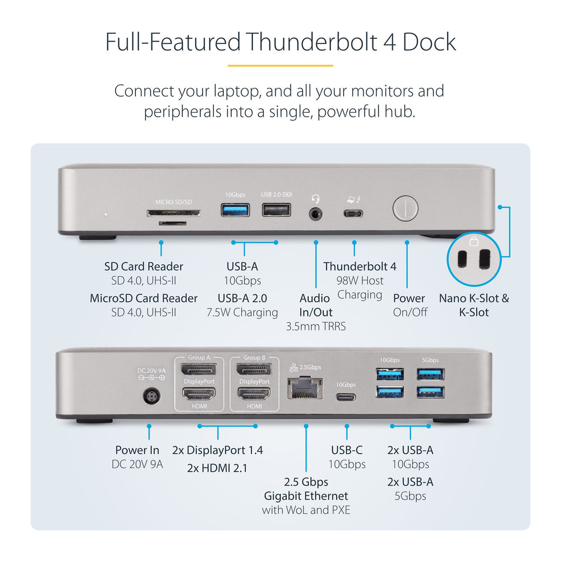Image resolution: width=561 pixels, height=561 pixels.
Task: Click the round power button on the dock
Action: [406, 208]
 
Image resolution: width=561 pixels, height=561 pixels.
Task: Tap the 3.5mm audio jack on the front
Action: [316, 213]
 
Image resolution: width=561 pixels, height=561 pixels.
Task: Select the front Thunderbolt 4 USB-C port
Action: [353, 213]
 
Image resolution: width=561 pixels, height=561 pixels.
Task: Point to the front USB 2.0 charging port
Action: [276, 210]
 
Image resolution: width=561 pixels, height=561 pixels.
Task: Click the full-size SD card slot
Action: [173, 213]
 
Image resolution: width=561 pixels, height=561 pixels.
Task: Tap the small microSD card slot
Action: [173, 223]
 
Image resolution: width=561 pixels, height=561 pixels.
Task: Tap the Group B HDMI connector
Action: [254, 394]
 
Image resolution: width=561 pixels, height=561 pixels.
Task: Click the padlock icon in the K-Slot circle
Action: [473, 242]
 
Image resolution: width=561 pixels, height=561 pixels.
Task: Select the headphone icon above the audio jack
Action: [316, 198]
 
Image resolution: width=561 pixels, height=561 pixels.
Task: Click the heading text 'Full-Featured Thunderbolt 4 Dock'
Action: [280, 43]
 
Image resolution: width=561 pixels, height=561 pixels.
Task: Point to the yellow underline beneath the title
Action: [280, 66]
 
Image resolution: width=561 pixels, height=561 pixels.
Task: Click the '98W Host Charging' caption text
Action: [360, 287]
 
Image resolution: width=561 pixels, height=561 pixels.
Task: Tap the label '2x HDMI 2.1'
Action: [217, 468]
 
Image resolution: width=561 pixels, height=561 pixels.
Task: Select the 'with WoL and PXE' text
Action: [306, 510]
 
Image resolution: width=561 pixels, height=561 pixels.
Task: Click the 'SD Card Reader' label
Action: [144, 266]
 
